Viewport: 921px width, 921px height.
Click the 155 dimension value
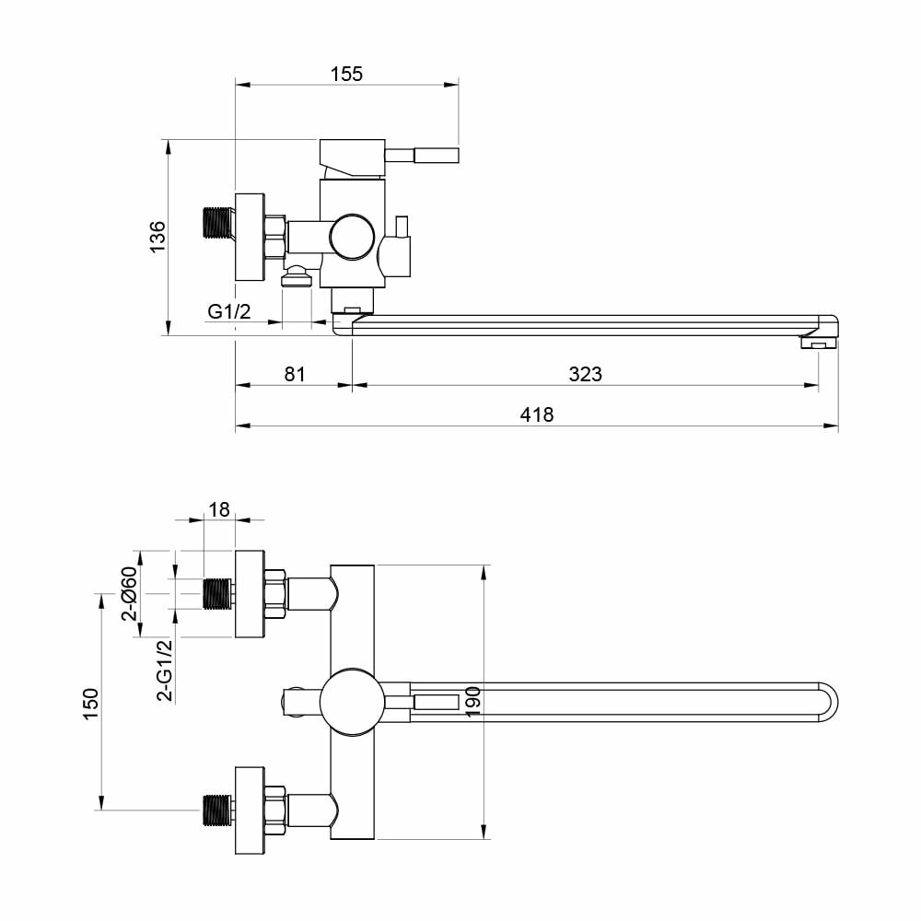point(346,74)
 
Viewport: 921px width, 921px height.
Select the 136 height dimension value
point(157,237)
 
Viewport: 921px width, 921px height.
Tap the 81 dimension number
point(295,374)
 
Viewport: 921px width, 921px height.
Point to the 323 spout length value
point(585,374)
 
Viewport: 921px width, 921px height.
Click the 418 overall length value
point(536,414)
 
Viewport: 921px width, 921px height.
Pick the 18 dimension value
point(219,509)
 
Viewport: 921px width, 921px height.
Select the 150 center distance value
point(90,704)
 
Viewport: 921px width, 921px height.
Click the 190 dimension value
point(472,701)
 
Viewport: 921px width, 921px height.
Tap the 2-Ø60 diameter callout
point(129,593)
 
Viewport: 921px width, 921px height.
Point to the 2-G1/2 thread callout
point(165,670)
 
